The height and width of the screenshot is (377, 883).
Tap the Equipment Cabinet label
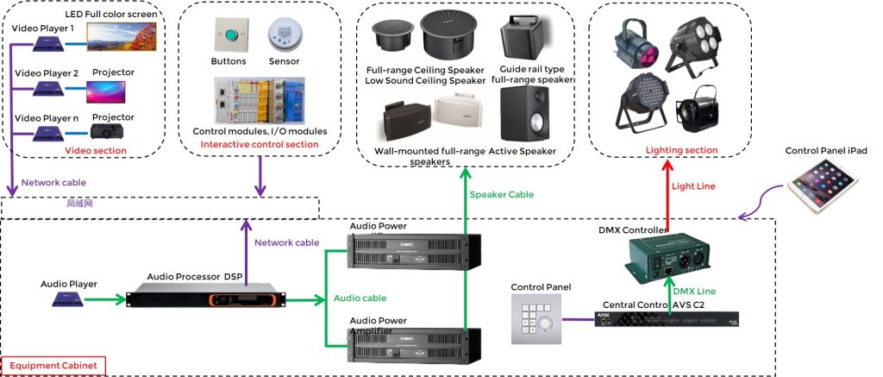[53, 367]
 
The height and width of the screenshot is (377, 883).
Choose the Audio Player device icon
[68, 298]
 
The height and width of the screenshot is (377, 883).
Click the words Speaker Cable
[501, 195]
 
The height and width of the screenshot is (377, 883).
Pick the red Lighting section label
[681, 150]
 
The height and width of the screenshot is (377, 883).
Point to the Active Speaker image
[523, 113]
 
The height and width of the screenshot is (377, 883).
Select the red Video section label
[96, 151]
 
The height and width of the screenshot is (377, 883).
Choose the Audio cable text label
[360, 298]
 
